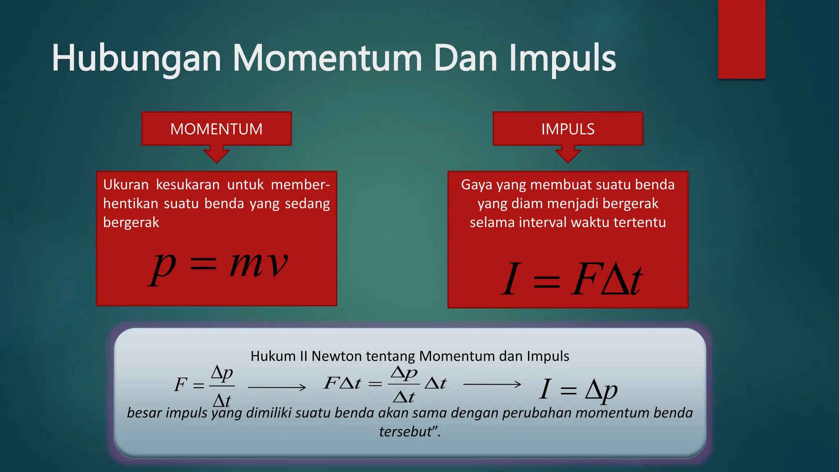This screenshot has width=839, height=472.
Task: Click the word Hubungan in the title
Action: point(136,59)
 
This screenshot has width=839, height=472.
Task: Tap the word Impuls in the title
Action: point(562,59)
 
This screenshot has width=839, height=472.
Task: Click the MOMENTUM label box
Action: point(216,129)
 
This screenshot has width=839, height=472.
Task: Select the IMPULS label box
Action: point(567,129)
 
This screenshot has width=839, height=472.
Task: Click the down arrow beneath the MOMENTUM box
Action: point(216,154)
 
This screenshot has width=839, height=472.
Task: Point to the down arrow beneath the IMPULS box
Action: point(568,154)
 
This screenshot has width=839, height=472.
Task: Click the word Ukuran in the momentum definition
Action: point(126,185)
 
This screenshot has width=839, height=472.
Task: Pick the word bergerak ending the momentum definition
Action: point(131,222)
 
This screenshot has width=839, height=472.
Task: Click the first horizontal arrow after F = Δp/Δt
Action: point(277,387)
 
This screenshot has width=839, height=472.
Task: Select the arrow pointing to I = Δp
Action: point(492,384)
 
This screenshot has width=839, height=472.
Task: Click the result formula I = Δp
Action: point(578,390)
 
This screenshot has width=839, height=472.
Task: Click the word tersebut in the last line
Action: point(406,432)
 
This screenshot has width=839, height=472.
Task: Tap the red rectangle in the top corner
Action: point(741,39)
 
